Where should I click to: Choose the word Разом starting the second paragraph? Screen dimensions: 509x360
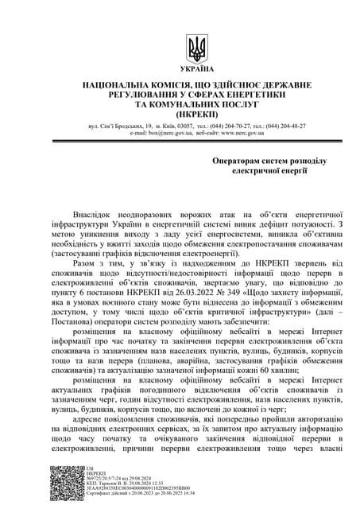point(88,258)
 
